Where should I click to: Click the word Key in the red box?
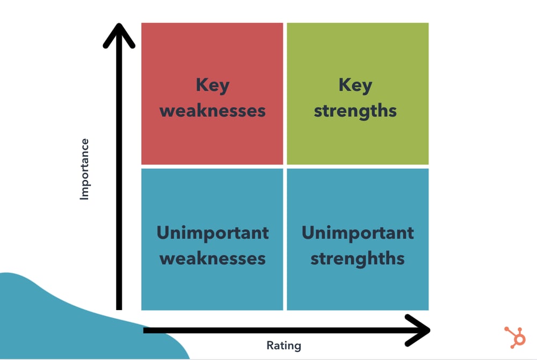(212, 86)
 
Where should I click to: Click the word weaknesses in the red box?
(213, 111)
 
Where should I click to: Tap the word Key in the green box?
(355, 86)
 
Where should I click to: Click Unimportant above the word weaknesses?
(213, 233)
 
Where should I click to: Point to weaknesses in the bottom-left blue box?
(213, 258)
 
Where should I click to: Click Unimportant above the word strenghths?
(358, 233)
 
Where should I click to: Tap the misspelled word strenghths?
(358, 258)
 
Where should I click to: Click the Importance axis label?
(84, 169)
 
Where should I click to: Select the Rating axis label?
(284, 345)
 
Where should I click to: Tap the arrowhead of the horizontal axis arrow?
(418, 330)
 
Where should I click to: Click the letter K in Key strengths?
(344, 85)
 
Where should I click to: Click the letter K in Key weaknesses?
(201, 85)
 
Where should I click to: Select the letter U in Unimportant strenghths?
(308, 233)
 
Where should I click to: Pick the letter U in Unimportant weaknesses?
(163, 233)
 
